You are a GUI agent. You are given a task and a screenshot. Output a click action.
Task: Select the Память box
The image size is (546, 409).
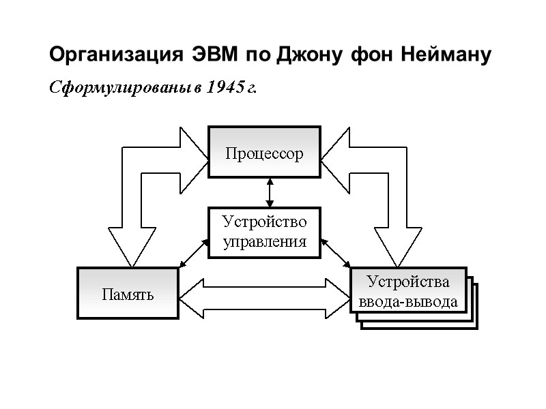tap(128, 294)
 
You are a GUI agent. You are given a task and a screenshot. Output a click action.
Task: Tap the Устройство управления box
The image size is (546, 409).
tap(264, 232)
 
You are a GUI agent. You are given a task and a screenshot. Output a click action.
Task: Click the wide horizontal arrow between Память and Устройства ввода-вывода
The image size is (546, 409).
tap(264, 294)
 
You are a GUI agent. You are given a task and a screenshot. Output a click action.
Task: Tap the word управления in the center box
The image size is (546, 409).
tap(264, 241)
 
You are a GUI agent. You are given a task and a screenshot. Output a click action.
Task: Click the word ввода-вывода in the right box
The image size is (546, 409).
tap(408, 301)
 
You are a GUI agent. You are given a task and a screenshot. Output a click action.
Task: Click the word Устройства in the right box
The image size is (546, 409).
tap(408, 282)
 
